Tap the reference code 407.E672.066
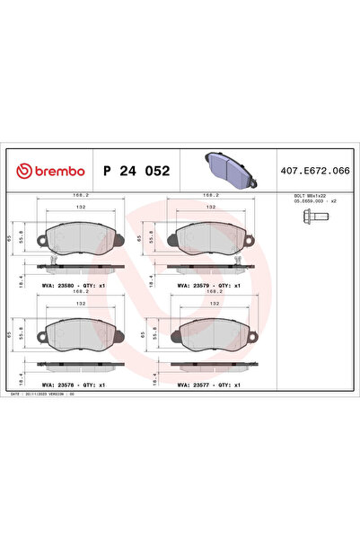(x=316, y=170)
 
